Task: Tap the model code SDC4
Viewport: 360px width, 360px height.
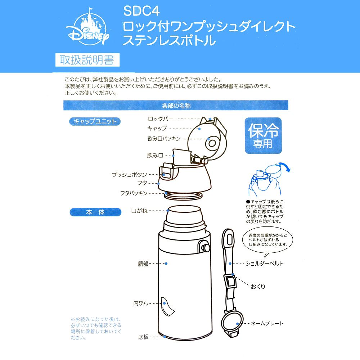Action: coord(139,11)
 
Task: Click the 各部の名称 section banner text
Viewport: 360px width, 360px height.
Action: coord(176,106)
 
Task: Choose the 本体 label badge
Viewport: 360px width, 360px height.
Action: coord(95,212)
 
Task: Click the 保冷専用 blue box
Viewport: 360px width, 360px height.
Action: coord(263,136)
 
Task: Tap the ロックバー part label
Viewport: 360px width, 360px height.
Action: coord(161,118)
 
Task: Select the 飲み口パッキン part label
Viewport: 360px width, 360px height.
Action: coord(163,139)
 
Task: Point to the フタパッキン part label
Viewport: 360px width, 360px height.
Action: coord(134,193)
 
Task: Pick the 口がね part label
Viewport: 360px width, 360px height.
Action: coord(139,211)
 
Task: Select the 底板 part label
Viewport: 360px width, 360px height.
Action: coord(143,337)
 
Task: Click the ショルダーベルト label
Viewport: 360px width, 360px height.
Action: coord(264,264)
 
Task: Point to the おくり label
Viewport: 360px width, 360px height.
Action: coord(258,287)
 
